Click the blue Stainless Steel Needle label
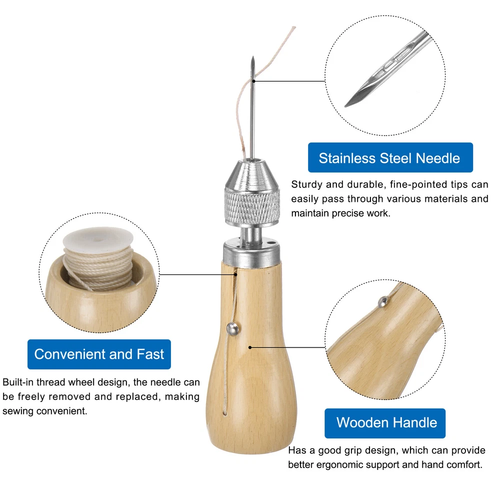click(x=390, y=157)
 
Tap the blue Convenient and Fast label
click(x=99, y=354)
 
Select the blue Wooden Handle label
click(x=385, y=423)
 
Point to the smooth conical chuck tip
click(x=252, y=174)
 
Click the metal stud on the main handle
click(x=233, y=328)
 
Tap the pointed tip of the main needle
click(x=253, y=57)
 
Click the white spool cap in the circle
click(x=98, y=238)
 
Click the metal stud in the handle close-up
click(x=383, y=301)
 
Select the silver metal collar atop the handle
click(x=252, y=253)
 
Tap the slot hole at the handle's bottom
click(x=225, y=412)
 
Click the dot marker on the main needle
click(x=253, y=81)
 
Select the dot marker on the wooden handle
click(x=250, y=347)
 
